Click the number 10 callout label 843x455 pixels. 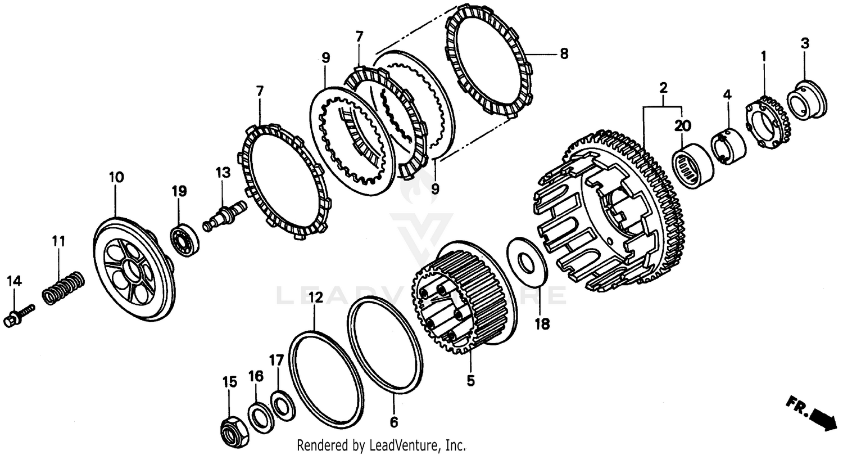pos(116,177)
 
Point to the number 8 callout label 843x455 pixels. pos(564,55)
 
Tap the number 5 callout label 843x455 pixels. pos(470,381)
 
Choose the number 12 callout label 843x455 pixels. pos(315,298)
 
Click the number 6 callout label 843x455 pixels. pos(393,422)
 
